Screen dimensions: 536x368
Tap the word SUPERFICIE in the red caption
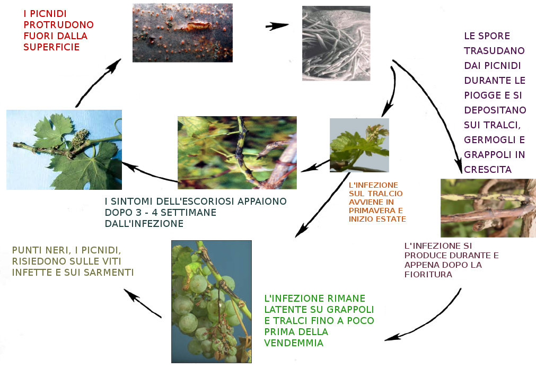click(51, 47)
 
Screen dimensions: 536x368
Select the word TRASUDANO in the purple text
click(494, 50)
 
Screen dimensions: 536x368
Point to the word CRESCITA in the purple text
click(487, 170)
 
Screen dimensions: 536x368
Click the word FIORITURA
click(428, 274)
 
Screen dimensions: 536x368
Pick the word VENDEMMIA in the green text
click(294, 343)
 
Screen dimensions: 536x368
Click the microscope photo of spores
click(336, 43)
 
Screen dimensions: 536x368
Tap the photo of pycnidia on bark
click(182, 33)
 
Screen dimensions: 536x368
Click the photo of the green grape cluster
click(211, 302)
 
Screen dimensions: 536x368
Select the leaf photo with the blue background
click(64, 150)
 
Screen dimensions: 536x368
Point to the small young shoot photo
click(359, 145)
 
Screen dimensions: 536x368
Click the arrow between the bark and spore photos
click(277, 26)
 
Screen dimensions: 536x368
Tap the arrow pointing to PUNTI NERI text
click(142, 303)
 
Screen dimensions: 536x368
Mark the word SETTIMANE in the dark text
click(188, 213)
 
